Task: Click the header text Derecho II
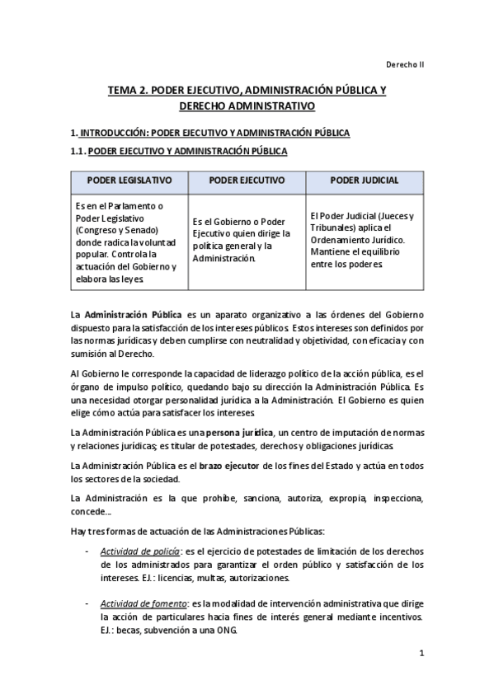click(404, 64)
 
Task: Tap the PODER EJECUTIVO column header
click(247, 180)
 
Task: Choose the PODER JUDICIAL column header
click(365, 180)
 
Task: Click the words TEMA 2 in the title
click(128, 91)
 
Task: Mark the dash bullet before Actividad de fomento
click(87, 604)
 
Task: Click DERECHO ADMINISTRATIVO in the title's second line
click(247, 107)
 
